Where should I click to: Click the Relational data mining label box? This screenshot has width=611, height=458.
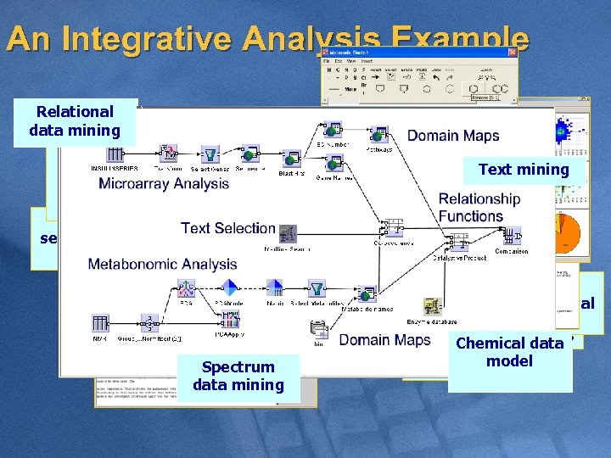coord(75,120)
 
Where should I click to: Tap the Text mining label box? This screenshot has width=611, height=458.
coord(524,170)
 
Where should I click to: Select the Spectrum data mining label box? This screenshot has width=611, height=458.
coord(238,376)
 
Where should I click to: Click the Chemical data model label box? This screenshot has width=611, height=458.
coord(509,352)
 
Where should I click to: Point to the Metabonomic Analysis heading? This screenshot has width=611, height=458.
coord(163,264)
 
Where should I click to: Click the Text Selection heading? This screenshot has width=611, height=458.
coord(227,228)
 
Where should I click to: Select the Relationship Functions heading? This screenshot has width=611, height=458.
coord(479,207)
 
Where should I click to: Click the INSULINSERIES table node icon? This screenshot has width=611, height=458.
coord(115,154)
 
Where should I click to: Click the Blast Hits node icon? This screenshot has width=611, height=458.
coord(291,159)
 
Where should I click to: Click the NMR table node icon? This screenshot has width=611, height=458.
coord(100,323)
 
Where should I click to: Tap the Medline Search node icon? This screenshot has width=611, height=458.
coord(288,234)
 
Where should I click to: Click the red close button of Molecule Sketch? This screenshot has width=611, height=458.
coord(512,53)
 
